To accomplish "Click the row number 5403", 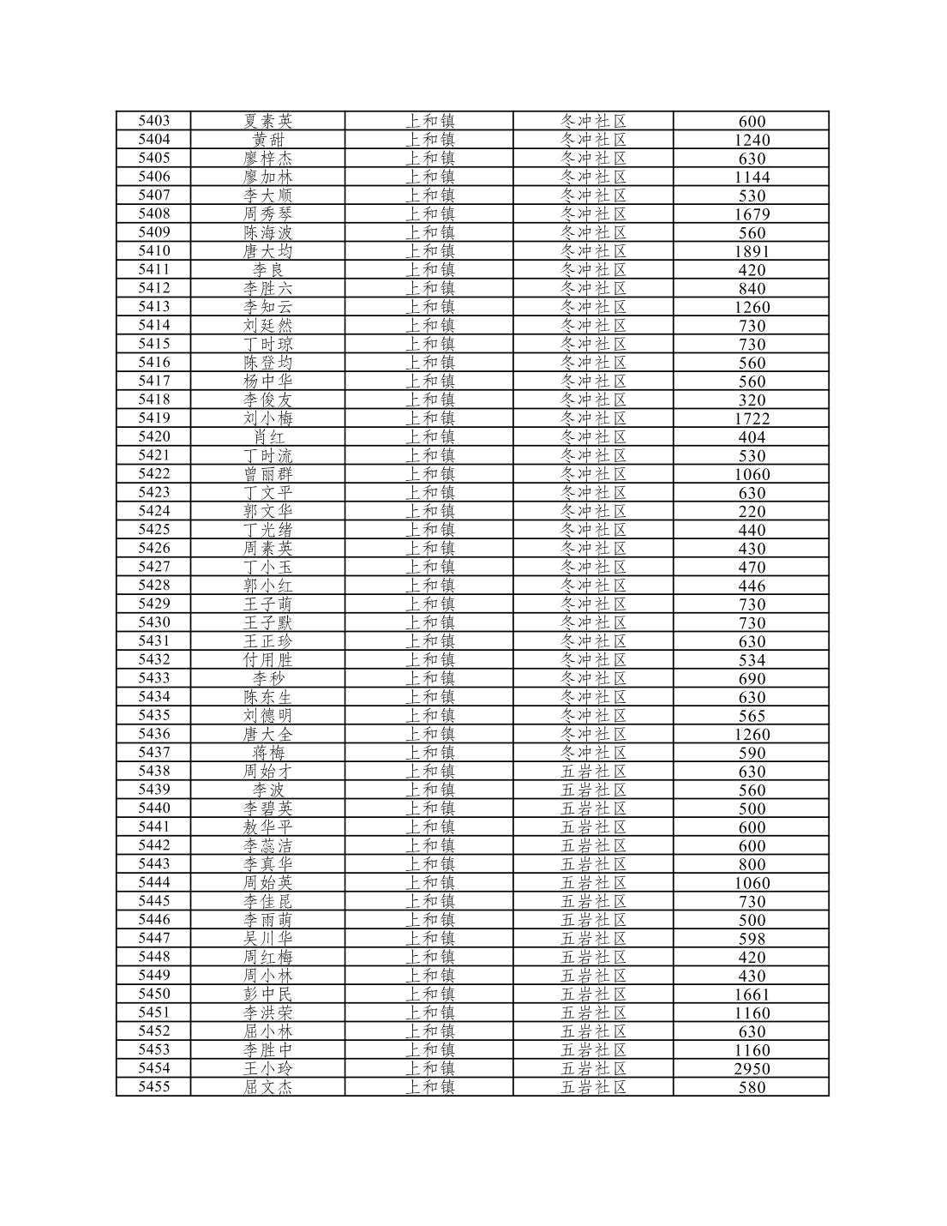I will click(153, 121).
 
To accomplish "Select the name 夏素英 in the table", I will click(267, 121).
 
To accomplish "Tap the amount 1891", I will click(752, 251).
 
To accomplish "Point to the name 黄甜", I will click(267, 140).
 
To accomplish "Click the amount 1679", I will click(752, 214).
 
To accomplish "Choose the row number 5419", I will click(153, 418).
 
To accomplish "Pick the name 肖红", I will click(267, 437).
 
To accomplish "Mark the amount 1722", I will click(752, 418).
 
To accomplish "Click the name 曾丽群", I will click(267, 474).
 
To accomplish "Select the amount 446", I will click(752, 586).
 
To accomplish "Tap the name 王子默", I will click(267, 622).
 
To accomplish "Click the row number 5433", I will click(153, 678).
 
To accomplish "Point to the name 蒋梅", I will click(267, 753).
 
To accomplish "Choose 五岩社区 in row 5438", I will click(593, 771).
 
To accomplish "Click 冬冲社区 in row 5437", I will click(593, 753).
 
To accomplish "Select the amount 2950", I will click(752, 1068).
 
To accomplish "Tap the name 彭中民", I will click(267, 994).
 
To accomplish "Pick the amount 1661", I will click(752, 994).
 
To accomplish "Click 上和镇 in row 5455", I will click(429, 1087).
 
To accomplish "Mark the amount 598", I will click(752, 938).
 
